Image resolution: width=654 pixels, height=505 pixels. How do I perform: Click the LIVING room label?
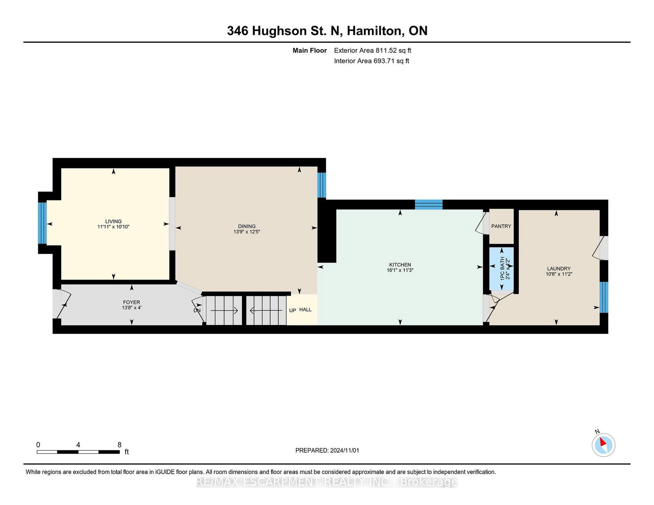tap(113, 221)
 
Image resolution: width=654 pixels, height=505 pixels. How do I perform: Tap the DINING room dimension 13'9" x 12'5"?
tap(246, 232)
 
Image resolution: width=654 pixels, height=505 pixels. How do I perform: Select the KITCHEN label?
tap(400, 265)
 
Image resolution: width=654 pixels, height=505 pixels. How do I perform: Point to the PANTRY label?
tap(501, 226)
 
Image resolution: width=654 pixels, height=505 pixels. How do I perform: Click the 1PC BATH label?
tap(502, 268)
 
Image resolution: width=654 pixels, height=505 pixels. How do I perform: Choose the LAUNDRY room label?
tap(558, 269)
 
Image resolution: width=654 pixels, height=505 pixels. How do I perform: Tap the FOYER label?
tap(131, 303)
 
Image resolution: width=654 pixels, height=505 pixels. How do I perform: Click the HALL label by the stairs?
tap(305, 309)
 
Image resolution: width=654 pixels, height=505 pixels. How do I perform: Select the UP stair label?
tap(293, 310)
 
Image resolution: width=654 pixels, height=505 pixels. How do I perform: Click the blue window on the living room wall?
tap(42, 223)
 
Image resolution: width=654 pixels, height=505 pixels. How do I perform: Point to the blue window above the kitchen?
tap(428, 205)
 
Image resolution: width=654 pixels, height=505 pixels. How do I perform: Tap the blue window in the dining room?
tap(322, 185)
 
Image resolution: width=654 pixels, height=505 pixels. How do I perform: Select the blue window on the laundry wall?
tap(604, 297)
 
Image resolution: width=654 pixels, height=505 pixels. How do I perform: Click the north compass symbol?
tap(603, 444)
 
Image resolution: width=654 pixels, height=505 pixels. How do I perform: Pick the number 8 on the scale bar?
tap(119, 445)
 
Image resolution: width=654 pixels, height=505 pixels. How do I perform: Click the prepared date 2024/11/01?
tap(344, 450)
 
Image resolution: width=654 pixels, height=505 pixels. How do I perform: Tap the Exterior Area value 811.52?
tap(386, 51)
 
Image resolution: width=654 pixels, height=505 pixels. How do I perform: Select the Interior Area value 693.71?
tap(384, 61)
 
